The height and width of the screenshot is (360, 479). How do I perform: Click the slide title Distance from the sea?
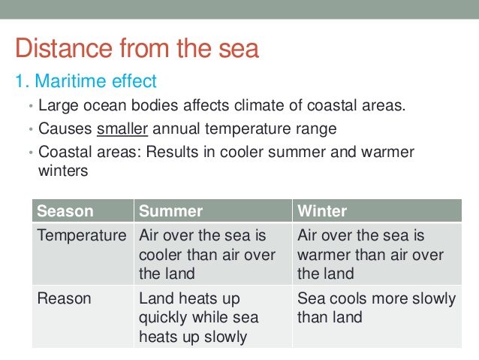pos(137,48)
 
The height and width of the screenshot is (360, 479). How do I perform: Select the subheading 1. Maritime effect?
pos(86,80)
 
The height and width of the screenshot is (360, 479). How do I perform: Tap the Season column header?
pos(65,211)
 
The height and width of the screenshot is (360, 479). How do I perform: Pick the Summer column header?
pos(171,211)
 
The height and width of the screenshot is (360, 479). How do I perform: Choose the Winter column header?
pos(322,211)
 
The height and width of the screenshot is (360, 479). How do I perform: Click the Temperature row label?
pos(82,236)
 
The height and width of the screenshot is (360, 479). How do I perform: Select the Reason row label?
pos(64,299)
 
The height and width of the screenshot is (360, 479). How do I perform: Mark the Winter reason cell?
pos(375,308)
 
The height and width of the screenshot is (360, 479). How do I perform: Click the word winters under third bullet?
pos(63,171)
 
